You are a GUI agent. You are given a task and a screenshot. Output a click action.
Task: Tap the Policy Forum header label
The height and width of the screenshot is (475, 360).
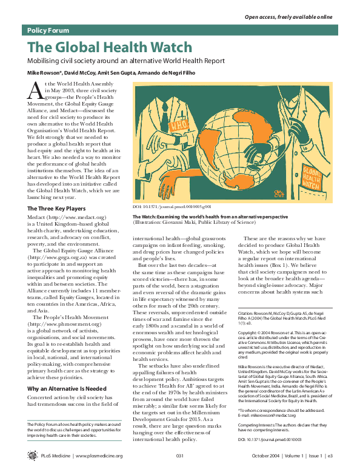pos(48,30)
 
